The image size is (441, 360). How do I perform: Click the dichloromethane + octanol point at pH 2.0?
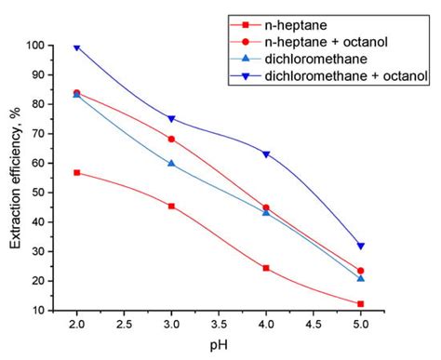76,47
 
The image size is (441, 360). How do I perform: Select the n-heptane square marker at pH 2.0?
76,173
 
